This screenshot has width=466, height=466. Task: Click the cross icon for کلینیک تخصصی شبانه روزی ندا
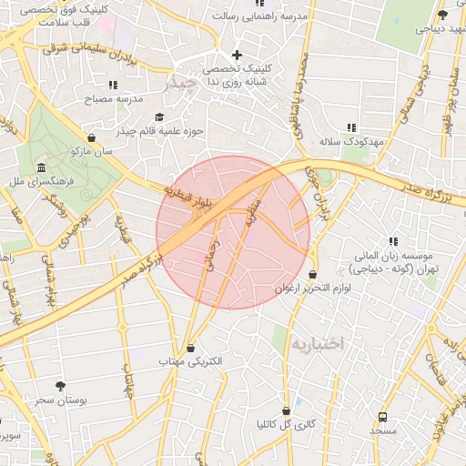pyautogui.click(x=237, y=55)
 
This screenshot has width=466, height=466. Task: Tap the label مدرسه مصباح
pyautogui.click(x=113, y=98)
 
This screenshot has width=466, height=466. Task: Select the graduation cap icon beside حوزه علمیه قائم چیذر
pyautogui.click(x=160, y=116)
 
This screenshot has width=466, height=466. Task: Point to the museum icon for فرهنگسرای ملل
pyautogui.click(x=42, y=167)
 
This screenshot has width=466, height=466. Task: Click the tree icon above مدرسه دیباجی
pyautogui.click(x=442, y=15)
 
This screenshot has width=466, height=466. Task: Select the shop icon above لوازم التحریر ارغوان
pyautogui.click(x=313, y=274)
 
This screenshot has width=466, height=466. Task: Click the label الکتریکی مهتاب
pyautogui.click(x=190, y=361)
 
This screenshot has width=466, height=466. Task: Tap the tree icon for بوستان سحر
pyautogui.click(x=61, y=386)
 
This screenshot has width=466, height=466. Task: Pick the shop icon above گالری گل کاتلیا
pyautogui.click(x=287, y=410)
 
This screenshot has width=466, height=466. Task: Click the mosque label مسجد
pyautogui.click(x=383, y=429)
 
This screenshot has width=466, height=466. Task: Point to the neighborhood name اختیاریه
pyautogui.click(x=319, y=343)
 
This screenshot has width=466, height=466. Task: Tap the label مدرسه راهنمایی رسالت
pyautogui.click(x=258, y=16)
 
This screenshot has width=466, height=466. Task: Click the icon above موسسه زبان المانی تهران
pyautogui.click(x=393, y=241)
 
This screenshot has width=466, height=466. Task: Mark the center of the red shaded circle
pyautogui.click(x=233, y=232)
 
